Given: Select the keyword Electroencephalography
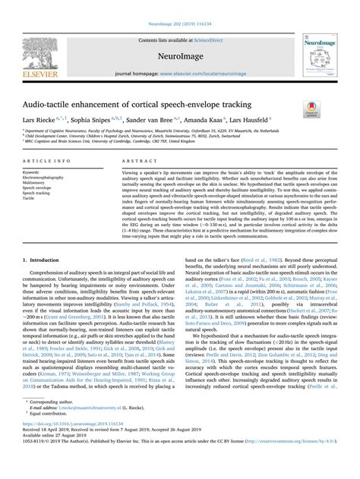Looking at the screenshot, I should [49, 178].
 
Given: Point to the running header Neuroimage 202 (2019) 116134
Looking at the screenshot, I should [179, 5].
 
